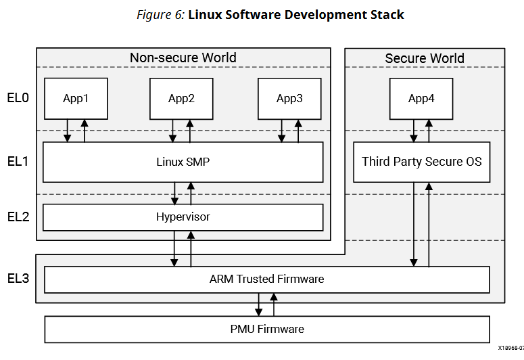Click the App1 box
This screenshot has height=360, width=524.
click(x=76, y=98)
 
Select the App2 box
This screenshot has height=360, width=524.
click(x=181, y=98)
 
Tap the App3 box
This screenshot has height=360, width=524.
click(x=289, y=98)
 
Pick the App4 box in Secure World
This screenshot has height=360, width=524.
click(x=421, y=98)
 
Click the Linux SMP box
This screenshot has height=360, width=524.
click(x=183, y=162)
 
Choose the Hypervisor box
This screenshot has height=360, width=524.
click(x=183, y=217)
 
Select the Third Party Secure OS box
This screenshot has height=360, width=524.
click(x=421, y=162)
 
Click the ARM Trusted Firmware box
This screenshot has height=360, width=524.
click(x=266, y=279)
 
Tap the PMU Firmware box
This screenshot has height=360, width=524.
click(x=266, y=329)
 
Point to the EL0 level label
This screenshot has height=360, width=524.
click(x=18, y=98)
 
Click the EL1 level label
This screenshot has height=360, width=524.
click(x=18, y=162)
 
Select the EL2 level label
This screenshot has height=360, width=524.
click(x=18, y=217)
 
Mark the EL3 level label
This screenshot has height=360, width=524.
click(x=18, y=277)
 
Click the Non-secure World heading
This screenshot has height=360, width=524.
click(x=183, y=58)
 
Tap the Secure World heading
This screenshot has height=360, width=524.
click(x=425, y=58)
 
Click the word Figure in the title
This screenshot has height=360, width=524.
click(x=153, y=15)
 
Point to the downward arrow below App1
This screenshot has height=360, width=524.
click(x=68, y=131)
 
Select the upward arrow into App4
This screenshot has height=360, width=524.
click(x=429, y=131)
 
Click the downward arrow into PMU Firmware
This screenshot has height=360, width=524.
click(x=258, y=305)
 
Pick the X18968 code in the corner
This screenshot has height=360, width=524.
click(x=510, y=347)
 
